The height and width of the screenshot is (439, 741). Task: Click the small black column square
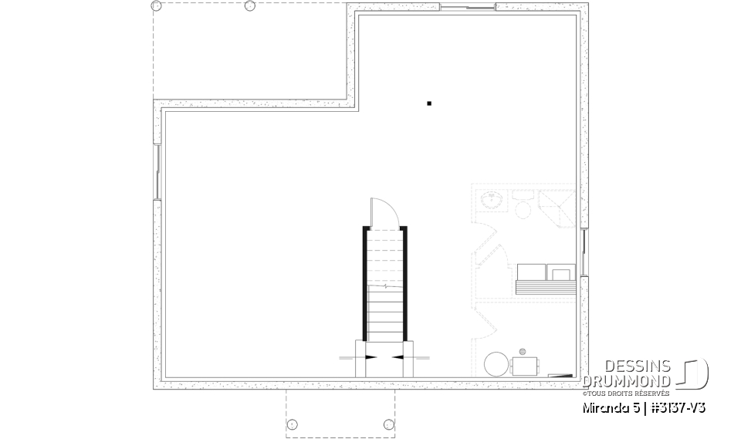click(429, 103)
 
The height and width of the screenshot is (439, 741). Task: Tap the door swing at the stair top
click(382, 212)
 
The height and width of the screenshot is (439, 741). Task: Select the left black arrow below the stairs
click(372, 356)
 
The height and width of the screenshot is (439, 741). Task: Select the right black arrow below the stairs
click(398, 356)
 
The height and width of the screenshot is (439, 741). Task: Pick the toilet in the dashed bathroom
click(521, 206)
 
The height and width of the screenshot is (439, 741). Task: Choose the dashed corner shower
click(555, 205)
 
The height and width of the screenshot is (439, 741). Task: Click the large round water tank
click(496, 364)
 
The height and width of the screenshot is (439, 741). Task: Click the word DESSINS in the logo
click(638, 366)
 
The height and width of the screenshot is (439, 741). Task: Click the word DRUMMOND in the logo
click(627, 380)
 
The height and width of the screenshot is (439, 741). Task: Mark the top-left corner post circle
click(157, 6)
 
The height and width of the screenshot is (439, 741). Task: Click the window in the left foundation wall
click(157, 171)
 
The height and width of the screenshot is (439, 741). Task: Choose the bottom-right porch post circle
click(388, 423)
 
